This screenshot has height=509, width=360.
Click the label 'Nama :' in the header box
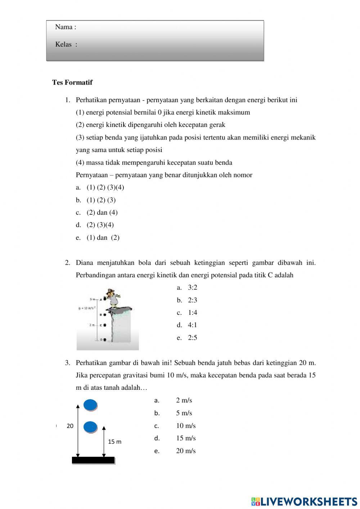click(66, 27)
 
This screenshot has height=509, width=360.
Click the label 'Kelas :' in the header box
click(66, 44)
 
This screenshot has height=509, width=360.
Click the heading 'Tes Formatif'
click(72, 82)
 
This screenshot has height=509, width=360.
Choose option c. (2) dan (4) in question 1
click(102, 213)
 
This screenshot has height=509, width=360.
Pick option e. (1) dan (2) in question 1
click(103, 237)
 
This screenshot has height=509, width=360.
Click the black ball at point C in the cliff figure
click(105, 325)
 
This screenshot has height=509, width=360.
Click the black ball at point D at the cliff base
click(105, 339)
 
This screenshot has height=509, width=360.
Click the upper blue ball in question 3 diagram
click(90, 405)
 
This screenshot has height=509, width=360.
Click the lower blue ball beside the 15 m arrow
click(90, 427)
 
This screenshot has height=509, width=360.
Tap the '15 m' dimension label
click(114, 442)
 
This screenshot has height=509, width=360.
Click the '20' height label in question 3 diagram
click(70, 426)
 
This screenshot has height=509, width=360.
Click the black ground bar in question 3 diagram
click(93, 460)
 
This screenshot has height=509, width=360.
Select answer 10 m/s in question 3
click(186, 426)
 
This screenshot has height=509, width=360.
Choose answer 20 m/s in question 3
click(186, 451)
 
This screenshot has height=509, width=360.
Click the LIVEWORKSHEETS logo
click(304, 501)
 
